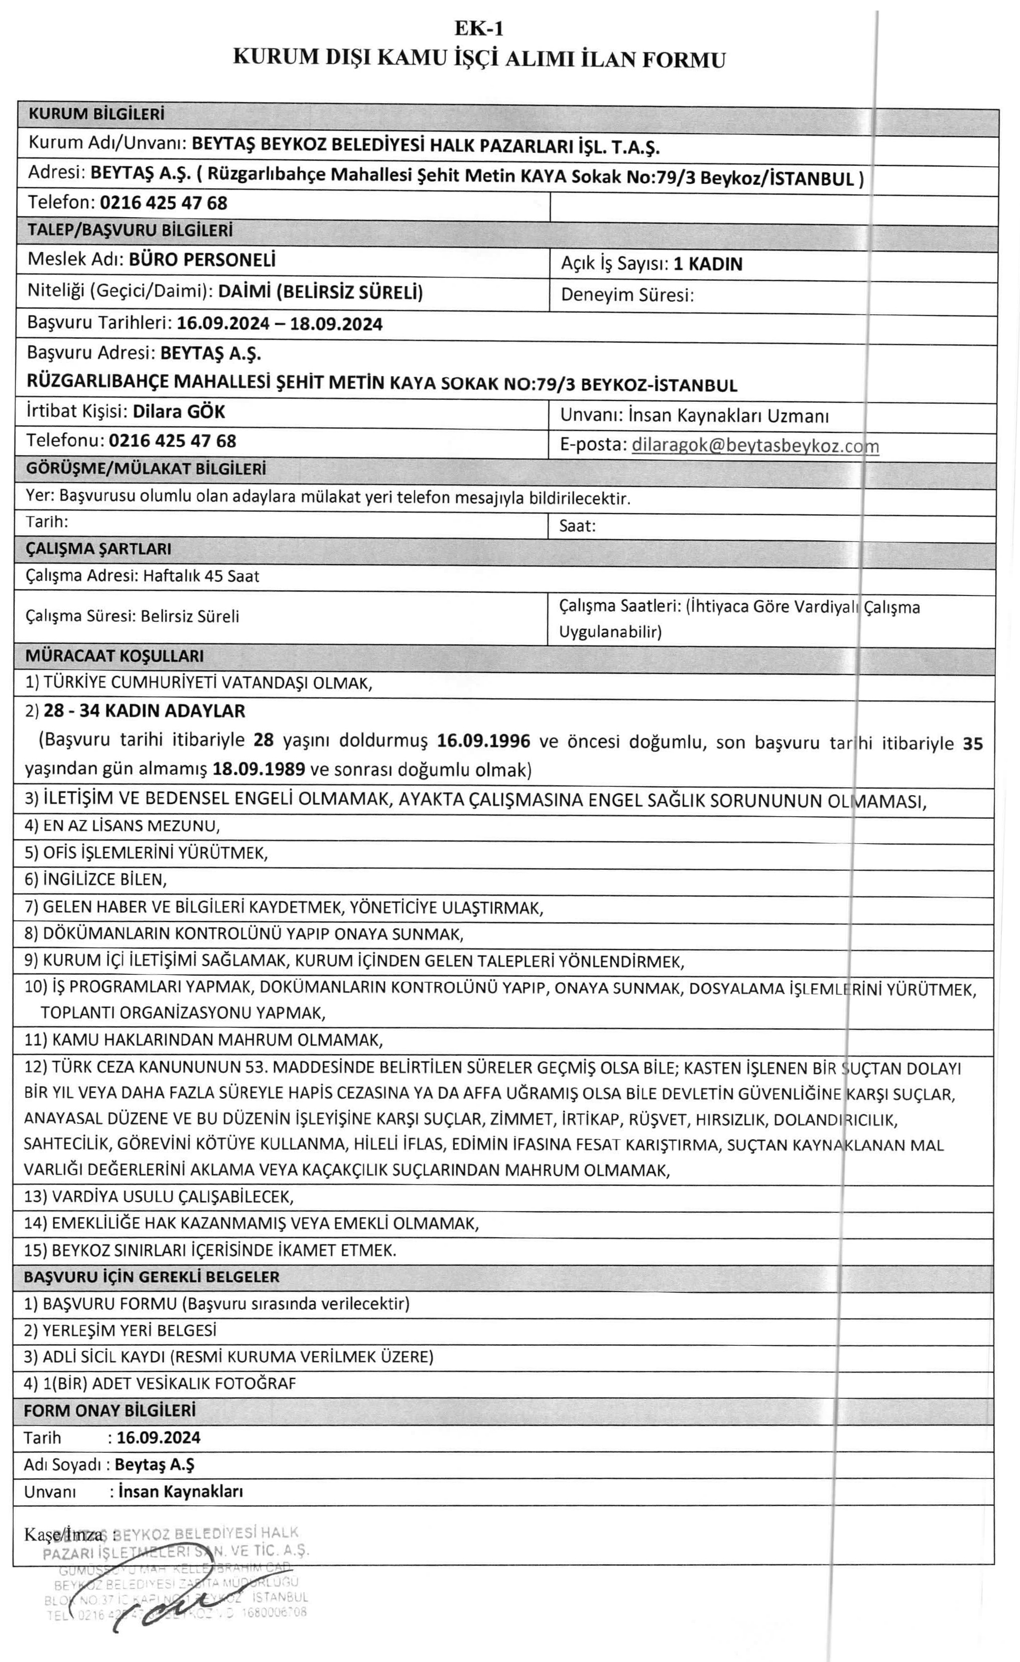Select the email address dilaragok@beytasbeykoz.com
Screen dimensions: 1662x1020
(x=755, y=446)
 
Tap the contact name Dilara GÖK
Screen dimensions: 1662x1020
(x=179, y=411)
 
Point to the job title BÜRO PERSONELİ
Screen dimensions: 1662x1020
(x=202, y=260)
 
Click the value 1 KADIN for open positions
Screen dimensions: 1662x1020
(x=708, y=264)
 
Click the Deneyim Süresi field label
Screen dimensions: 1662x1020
(x=627, y=295)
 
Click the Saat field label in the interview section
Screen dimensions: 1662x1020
(x=577, y=526)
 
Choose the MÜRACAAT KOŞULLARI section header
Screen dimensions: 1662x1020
(x=114, y=656)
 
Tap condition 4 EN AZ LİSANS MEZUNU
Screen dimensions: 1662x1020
(x=122, y=825)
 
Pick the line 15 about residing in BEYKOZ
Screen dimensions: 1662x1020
(x=210, y=1250)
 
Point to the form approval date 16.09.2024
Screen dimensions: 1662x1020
(x=158, y=1437)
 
